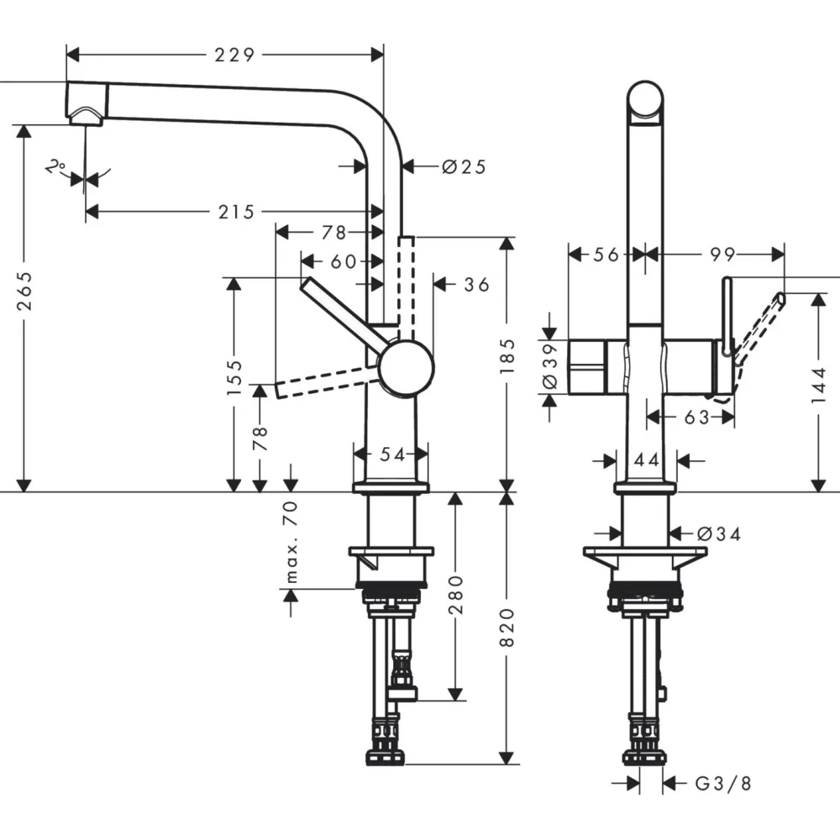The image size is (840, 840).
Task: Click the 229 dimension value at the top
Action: coord(234,55)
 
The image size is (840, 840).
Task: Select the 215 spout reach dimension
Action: coord(236,213)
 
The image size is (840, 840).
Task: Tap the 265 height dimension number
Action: coord(24,291)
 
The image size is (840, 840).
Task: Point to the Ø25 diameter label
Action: coord(464,167)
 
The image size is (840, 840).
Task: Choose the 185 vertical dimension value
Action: coord(507,356)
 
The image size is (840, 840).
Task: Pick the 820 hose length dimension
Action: coord(507,627)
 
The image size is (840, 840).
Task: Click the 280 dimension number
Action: coord(456,595)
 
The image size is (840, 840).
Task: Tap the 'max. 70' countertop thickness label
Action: coord(291,542)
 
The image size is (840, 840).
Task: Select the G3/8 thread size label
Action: coord(723,784)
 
